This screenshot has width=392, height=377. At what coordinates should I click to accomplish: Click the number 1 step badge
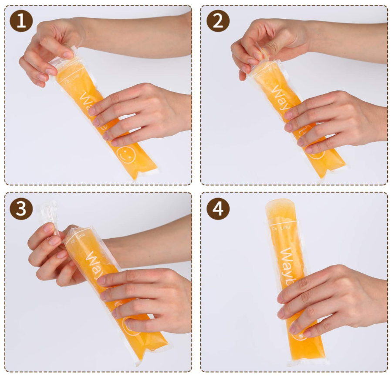(21, 21)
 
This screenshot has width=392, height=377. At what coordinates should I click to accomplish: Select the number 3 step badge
(21, 209)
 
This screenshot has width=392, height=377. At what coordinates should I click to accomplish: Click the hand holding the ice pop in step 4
(331, 301)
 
